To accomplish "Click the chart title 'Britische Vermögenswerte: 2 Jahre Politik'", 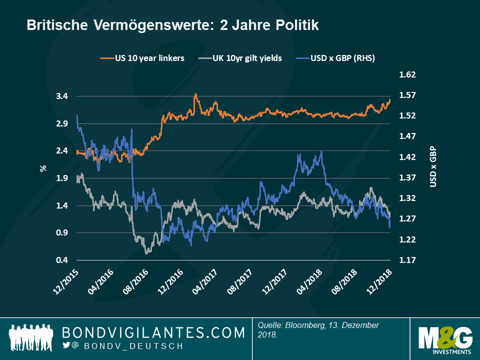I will click(x=172, y=25).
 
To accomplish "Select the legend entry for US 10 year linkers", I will click(x=142, y=58).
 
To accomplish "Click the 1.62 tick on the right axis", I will click(x=408, y=75).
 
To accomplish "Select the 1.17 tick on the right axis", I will click(x=408, y=260).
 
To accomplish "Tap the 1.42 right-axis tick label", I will click(x=408, y=157).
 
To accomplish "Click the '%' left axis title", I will click(x=43, y=168).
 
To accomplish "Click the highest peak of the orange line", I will click(x=195, y=94).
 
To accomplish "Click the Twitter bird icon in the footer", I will click(x=66, y=345).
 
